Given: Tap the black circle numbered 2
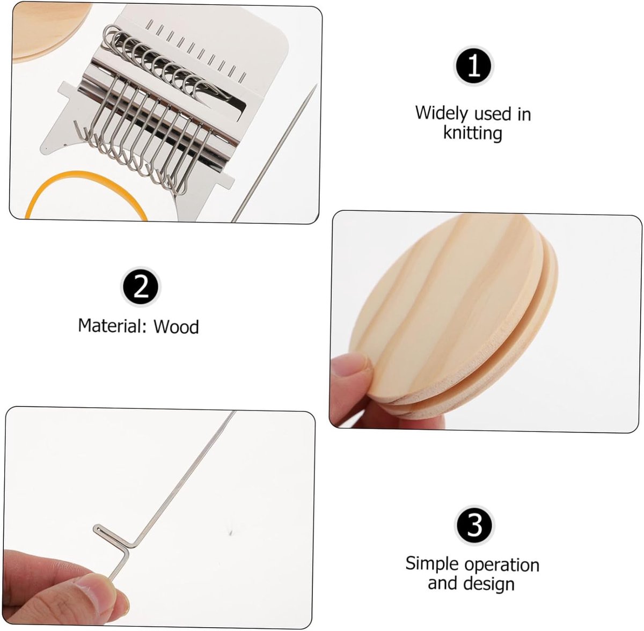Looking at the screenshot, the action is point(141,287).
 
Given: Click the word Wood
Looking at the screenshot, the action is point(176,327).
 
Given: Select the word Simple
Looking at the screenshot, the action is point(431,564).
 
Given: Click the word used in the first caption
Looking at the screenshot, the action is point(493,114).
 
